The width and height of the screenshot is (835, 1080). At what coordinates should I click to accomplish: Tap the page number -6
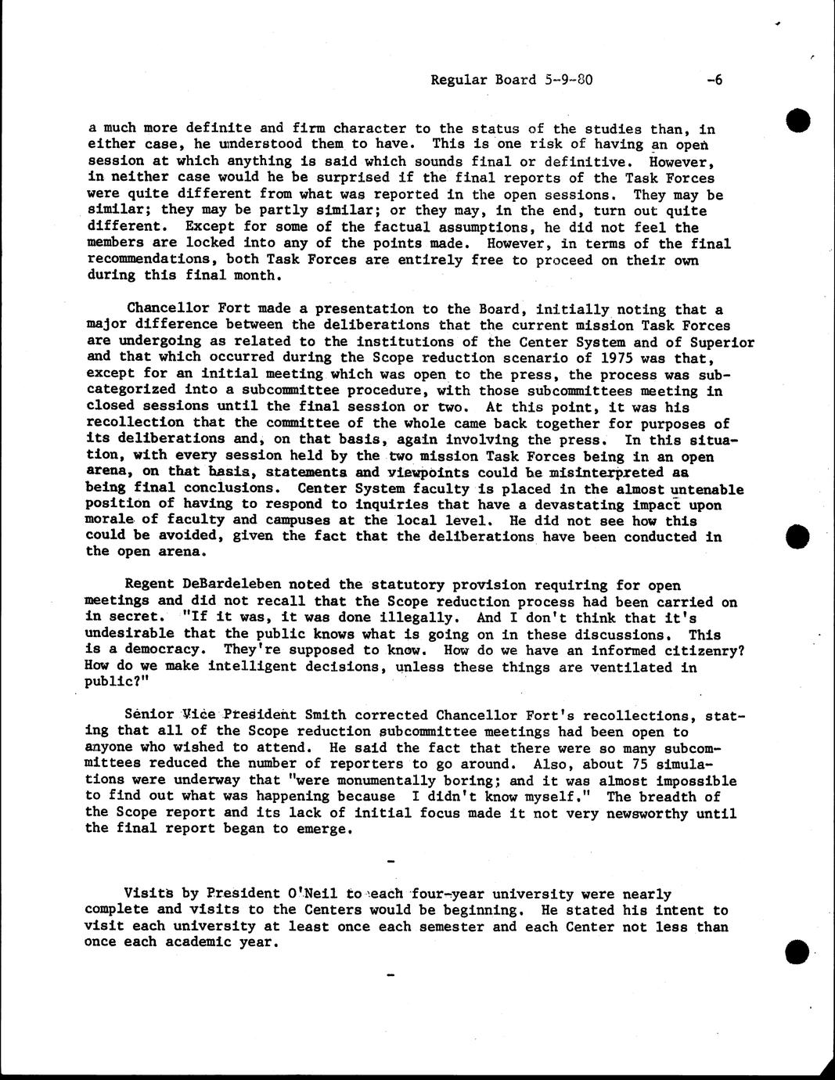[713, 80]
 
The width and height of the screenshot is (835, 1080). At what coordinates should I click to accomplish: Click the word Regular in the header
[456, 80]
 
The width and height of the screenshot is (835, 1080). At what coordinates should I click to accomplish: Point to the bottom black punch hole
[796, 952]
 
